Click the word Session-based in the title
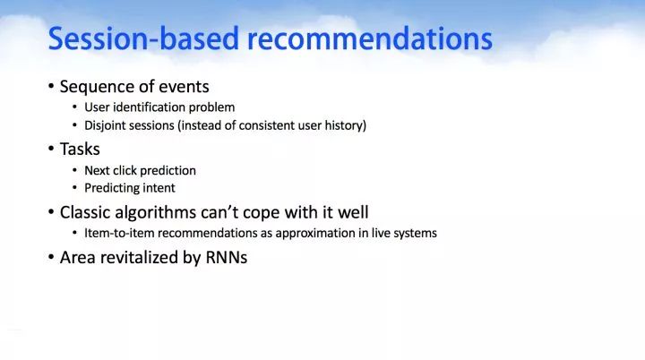(x=143, y=39)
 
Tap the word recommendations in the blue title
(x=370, y=39)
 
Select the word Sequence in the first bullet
(x=94, y=87)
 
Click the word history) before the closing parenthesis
(x=346, y=125)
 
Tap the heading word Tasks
(x=80, y=149)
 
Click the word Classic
(x=85, y=212)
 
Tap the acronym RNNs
(x=227, y=258)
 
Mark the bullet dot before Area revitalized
(x=51, y=258)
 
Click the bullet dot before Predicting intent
(x=74, y=188)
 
